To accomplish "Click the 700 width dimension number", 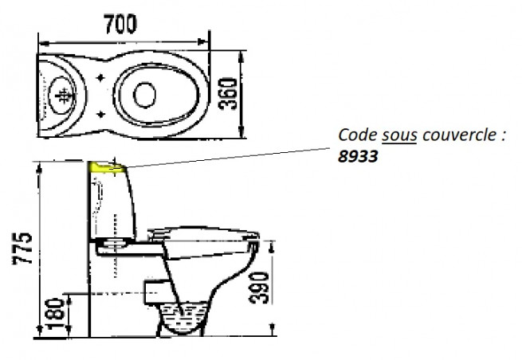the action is tap(120, 24).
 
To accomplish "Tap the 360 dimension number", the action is tap(228, 94).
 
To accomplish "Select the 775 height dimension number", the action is tap(22, 248).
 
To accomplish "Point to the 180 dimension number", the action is tap(55, 314).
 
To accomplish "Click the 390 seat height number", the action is tap(259, 288).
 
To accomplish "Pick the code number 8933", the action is tap(358, 156).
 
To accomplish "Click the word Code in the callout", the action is tap(358, 135).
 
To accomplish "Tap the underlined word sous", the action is tap(399, 135).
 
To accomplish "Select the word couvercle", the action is tap(459, 135).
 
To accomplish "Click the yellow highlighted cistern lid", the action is tap(107, 167).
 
